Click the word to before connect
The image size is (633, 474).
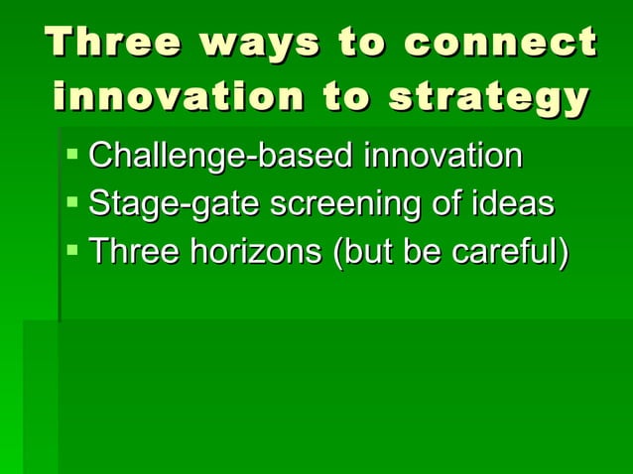point(363,44)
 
